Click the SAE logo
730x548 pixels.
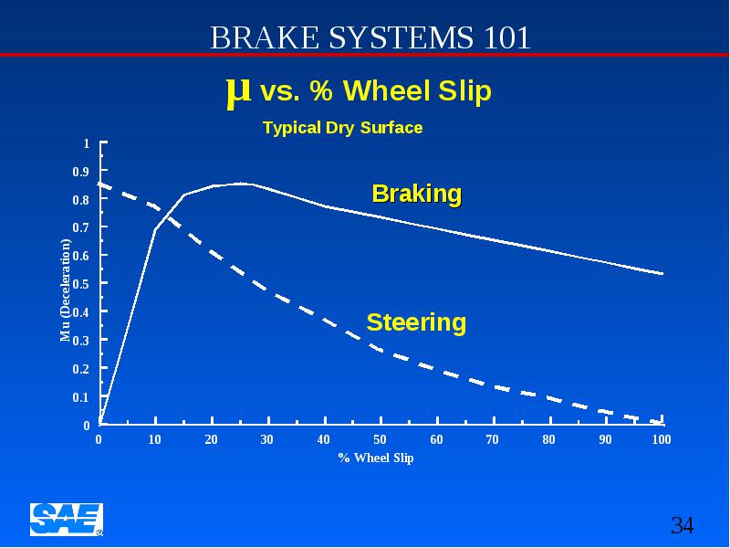67,519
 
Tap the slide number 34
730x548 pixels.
682,525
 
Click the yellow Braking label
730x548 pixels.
417,194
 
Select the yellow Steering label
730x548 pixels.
416,322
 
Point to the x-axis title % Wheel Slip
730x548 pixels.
376,458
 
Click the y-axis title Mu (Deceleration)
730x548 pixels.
66,290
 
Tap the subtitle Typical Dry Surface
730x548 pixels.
343,128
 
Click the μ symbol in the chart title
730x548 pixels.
238,91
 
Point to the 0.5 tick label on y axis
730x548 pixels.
81,284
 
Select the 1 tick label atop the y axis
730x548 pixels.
86,143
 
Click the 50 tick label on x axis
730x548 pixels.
380,439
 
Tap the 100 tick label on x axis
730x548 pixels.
662,439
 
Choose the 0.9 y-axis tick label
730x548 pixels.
81,172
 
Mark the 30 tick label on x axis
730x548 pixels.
266,439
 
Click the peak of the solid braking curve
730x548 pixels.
241,184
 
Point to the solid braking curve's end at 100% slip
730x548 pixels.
662,273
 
